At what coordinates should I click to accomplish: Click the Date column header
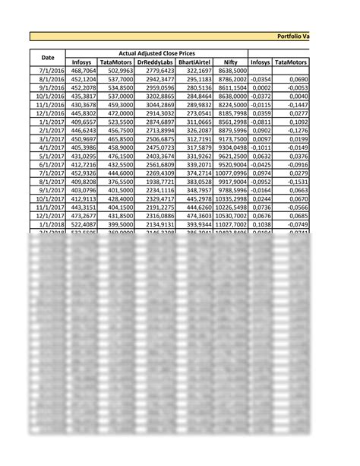point(48,57)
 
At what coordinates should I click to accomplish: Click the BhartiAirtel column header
point(194,62)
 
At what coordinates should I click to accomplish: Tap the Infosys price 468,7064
point(83,71)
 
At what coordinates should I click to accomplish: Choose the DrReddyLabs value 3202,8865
point(158,97)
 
